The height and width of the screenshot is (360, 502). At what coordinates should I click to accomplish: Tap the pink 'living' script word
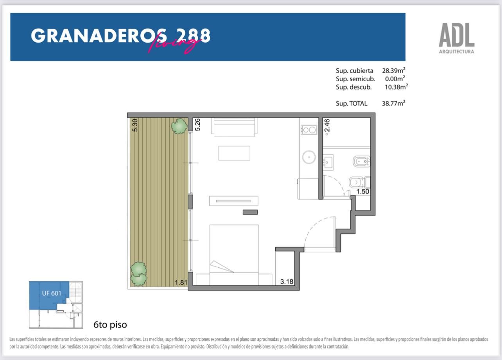coord(174,44)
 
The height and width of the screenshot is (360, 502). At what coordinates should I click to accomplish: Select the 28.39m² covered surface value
coord(394,70)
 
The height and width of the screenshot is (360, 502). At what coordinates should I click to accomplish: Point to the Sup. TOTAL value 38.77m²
coord(394,103)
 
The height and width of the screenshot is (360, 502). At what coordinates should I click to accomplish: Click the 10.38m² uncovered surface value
coord(396,87)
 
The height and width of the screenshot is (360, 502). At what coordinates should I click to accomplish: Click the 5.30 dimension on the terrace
coord(135,125)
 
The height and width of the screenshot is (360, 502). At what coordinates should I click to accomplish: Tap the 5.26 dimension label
coord(197,125)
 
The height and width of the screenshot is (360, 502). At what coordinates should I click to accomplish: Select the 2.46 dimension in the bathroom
coord(327,125)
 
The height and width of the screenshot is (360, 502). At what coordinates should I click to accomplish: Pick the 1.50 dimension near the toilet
coord(362,192)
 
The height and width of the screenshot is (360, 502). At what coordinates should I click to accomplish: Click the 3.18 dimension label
coord(287,281)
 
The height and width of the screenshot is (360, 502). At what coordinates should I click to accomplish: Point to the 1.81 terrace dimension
coord(181,282)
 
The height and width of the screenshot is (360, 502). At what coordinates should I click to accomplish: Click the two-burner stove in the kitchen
coord(309,130)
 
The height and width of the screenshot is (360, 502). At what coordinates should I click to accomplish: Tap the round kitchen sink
coord(309,157)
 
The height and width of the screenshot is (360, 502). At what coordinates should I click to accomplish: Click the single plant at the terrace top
coord(179,126)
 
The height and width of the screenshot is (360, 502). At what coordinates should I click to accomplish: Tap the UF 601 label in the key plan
coord(52,293)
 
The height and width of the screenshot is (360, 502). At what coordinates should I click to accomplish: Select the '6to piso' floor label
coord(110,324)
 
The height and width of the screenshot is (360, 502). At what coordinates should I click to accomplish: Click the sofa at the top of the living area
coord(234,127)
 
